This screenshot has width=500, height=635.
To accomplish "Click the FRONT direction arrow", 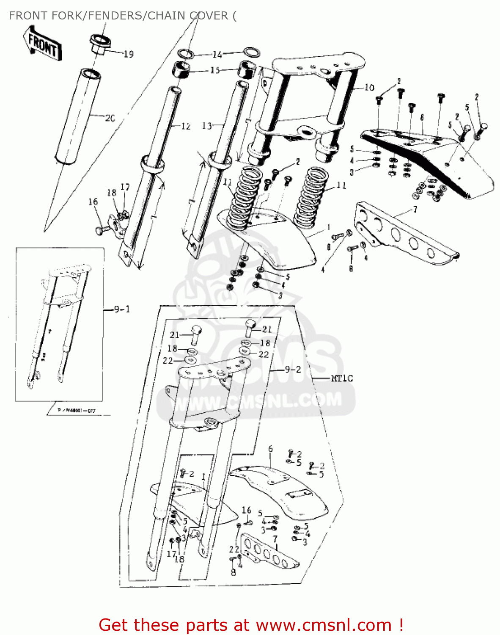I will [42, 43].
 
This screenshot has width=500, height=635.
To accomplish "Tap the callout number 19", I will [129, 54].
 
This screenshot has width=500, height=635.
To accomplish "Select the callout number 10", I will [369, 87].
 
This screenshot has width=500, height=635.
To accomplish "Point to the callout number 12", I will [186, 126].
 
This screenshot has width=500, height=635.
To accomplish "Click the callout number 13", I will [207, 125].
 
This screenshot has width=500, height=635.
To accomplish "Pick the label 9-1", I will [122, 309].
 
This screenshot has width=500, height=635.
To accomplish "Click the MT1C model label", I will [341, 378].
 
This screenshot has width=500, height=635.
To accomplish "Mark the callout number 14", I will [217, 55].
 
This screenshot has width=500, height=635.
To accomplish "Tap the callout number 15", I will [215, 70].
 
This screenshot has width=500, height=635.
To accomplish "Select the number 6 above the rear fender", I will [270, 449].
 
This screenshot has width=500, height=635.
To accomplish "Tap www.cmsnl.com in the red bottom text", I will [324, 625].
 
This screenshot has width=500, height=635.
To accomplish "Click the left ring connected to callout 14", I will [185, 54].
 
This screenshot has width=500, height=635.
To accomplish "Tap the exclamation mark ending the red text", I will [400, 625].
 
